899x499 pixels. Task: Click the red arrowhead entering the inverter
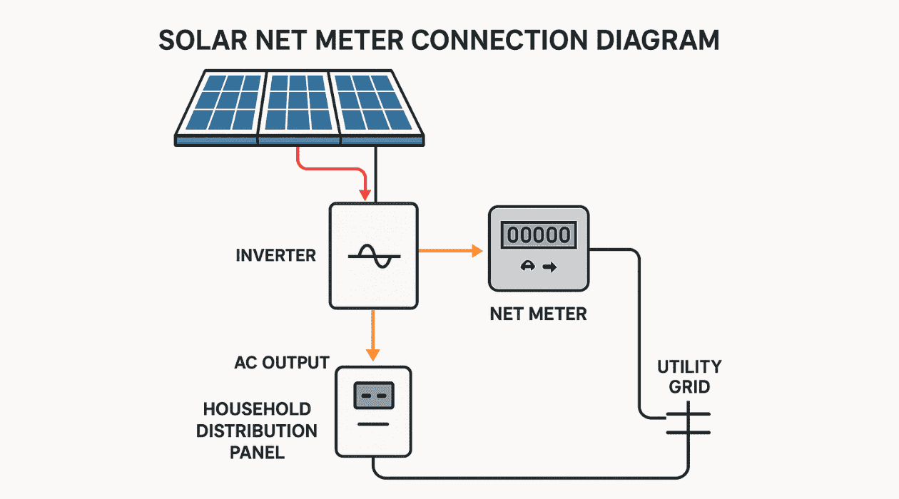[x=365, y=194]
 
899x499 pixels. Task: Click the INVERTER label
[x=275, y=255]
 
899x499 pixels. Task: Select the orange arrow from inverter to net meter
[x=449, y=250]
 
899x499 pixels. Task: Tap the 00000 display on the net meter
[x=538, y=235]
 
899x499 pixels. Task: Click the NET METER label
[x=538, y=314]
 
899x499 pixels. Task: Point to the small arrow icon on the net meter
[x=549, y=267]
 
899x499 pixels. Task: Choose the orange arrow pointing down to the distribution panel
[x=372, y=335]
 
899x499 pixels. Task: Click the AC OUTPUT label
[x=281, y=362]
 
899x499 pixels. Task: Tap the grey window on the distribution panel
[x=374, y=394]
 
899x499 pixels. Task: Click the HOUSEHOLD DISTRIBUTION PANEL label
[x=257, y=431]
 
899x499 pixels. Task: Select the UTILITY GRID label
[x=689, y=377]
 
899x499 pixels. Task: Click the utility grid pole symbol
[x=689, y=423]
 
